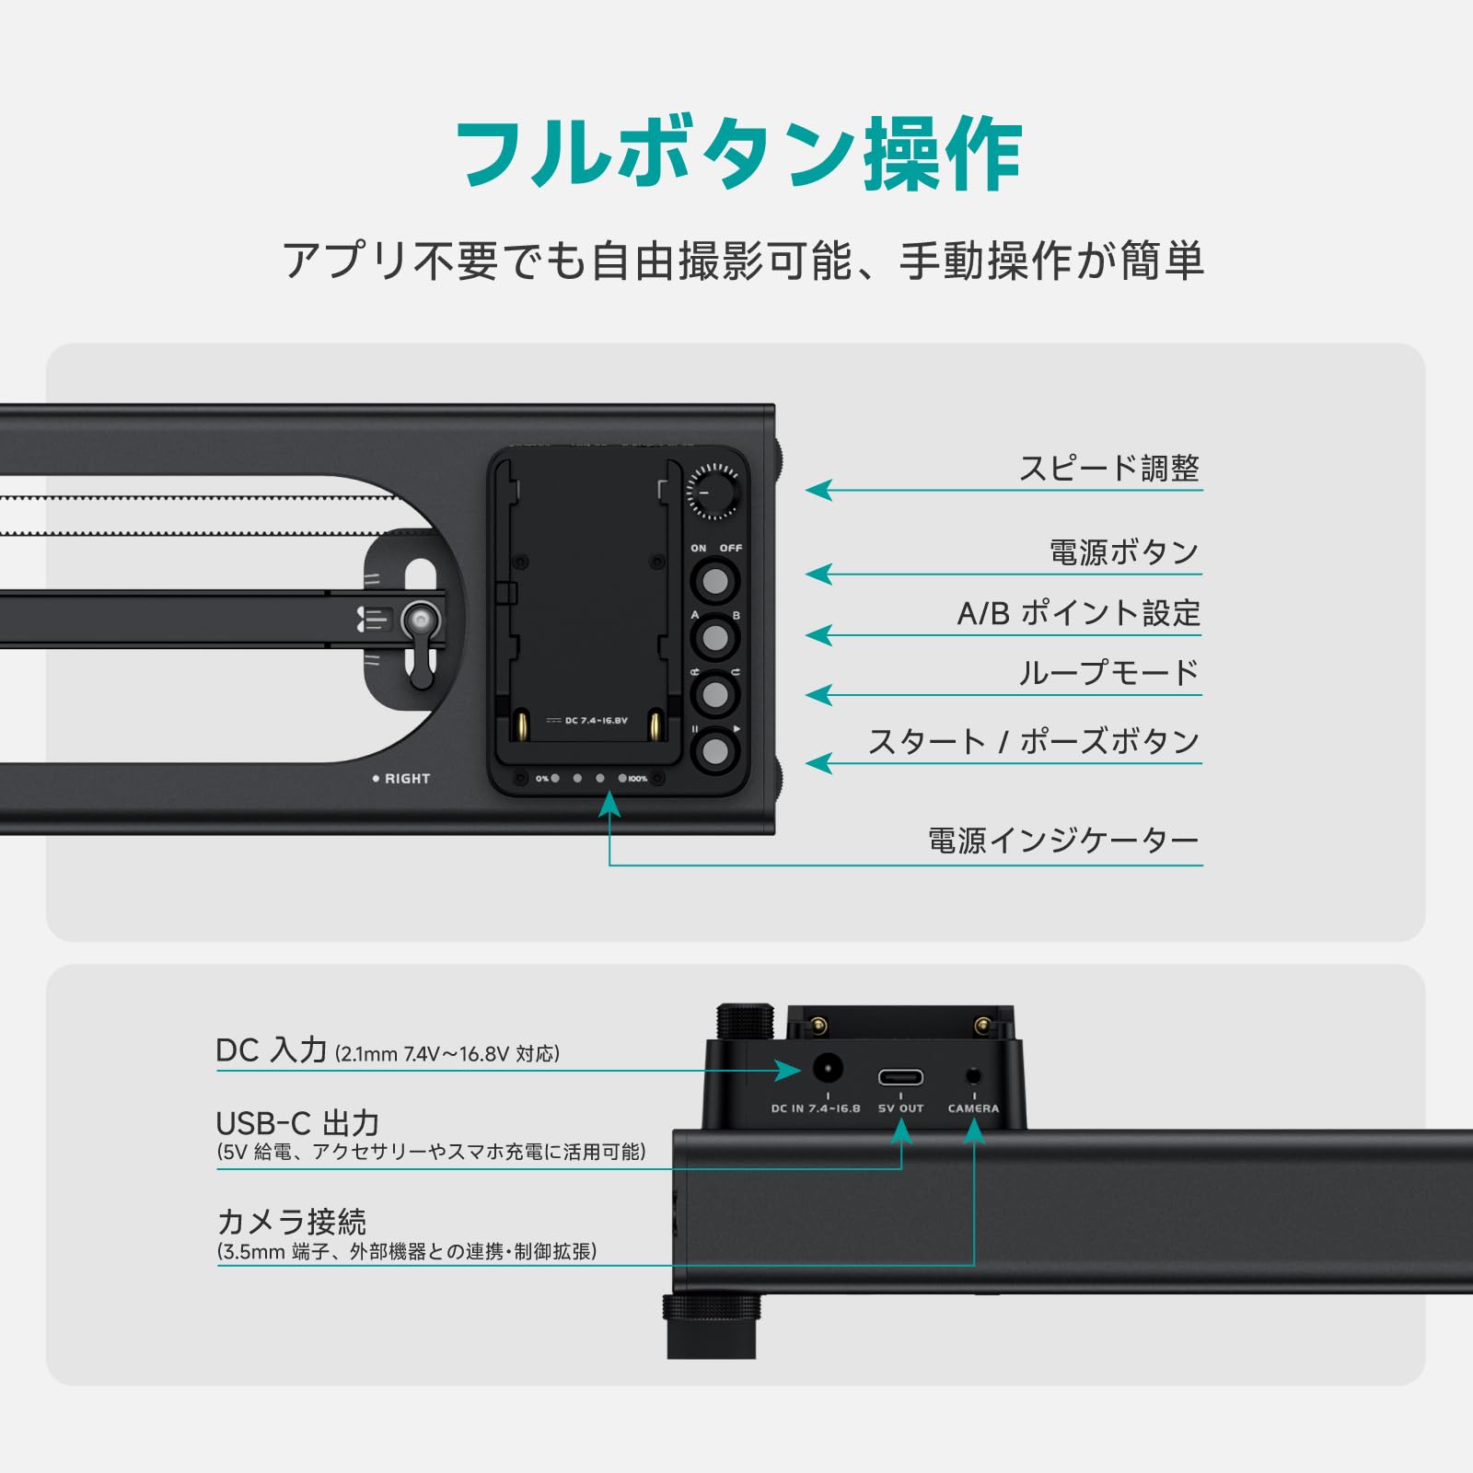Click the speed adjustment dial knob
pyautogui.click(x=713, y=493)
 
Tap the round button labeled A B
pyautogui.click(x=715, y=637)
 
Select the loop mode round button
pyautogui.click(x=715, y=694)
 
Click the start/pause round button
pyautogui.click(x=715, y=752)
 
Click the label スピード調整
pyautogui.click(x=1108, y=468)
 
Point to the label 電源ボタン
pyautogui.click(x=1123, y=552)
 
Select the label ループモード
pyautogui.click(x=1108, y=673)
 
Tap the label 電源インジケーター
pyautogui.click(x=1062, y=841)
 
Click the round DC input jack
pyautogui.click(x=828, y=1070)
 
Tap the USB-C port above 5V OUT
pyautogui.click(x=900, y=1076)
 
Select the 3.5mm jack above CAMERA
pyautogui.click(x=973, y=1074)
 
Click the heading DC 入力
pyautogui.click(x=272, y=1050)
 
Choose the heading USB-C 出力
pyautogui.click(x=297, y=1123)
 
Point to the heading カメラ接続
pyautogui.click(x=292, y=1222)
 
